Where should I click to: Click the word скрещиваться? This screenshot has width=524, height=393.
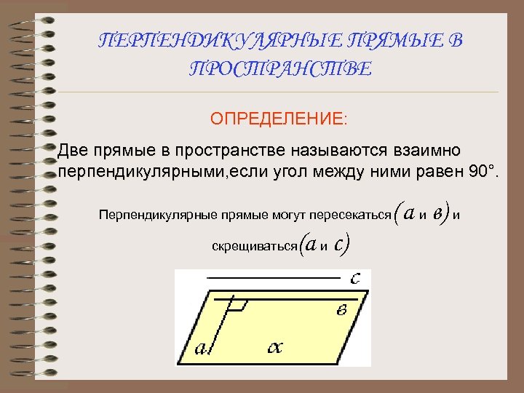pos(254,246)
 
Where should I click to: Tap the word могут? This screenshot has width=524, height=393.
pos(285,215)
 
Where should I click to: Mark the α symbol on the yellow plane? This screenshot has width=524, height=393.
pos(274,347)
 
